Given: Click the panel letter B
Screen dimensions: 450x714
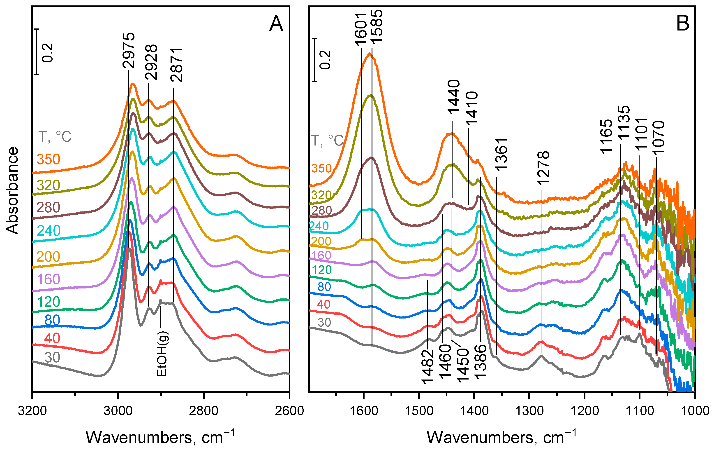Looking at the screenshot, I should pos(683,23).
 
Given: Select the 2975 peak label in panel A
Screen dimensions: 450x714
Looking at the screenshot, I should pos(129,50).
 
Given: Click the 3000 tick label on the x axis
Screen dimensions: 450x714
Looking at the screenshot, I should pos(118,411).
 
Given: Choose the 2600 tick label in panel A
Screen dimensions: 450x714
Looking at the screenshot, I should pos(289,411).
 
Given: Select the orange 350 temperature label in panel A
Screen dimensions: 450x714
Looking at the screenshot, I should pos(48,159).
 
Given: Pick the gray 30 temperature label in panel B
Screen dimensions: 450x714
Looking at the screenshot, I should pos(324,322).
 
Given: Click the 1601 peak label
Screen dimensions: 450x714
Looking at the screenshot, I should pos(361,29).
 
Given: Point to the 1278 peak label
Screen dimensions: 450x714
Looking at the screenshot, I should pos(543,168).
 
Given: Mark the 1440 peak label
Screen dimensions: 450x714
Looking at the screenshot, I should pos(454,97).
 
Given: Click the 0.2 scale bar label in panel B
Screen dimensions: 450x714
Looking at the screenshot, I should pos(325,60).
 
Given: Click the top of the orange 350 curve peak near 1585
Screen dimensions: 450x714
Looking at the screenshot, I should pos(370,54).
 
